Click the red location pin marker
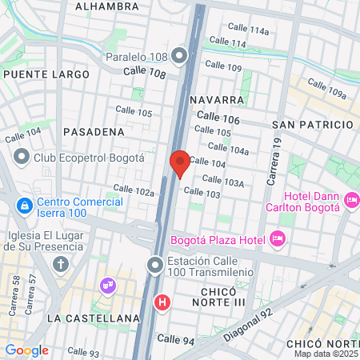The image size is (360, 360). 179,162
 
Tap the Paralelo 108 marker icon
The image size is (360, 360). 179,56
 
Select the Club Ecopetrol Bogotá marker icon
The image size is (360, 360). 22,157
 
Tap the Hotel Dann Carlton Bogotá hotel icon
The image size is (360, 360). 350,199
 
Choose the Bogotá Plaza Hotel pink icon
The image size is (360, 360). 278,238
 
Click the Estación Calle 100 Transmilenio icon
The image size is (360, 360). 156,263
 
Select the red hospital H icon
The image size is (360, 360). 162,302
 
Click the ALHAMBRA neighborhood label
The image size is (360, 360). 106,6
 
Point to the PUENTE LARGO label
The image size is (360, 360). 46,74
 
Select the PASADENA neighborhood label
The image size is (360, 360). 94,130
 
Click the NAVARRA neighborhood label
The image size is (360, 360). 218,100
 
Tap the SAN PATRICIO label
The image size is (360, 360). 313,125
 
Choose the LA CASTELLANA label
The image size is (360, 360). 94,318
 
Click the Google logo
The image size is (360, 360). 26,350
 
